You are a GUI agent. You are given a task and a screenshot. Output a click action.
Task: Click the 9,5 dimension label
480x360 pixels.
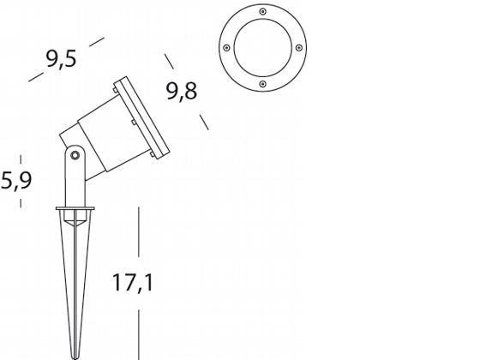[x=61, y=59]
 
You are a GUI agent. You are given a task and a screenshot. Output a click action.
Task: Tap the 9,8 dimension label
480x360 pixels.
[x=182, y=91]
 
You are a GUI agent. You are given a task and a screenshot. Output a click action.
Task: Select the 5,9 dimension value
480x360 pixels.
[x=16, y=180]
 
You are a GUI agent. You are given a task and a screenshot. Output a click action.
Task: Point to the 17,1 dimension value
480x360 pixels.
[x=133, y=282]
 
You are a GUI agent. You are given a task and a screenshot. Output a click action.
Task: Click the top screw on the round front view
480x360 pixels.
[x=262, y=12]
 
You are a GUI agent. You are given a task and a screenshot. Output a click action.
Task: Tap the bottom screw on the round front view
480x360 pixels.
[x=262, y=84]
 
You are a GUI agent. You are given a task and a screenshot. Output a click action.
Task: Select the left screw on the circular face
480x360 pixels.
[x=226, y=48]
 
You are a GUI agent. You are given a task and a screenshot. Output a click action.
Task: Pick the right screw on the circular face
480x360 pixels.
[x=299, y=48]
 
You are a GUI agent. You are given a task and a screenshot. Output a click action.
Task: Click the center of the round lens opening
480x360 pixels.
[x=262, y=48]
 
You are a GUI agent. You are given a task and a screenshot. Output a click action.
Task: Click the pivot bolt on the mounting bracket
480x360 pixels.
[x=75, y=155]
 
